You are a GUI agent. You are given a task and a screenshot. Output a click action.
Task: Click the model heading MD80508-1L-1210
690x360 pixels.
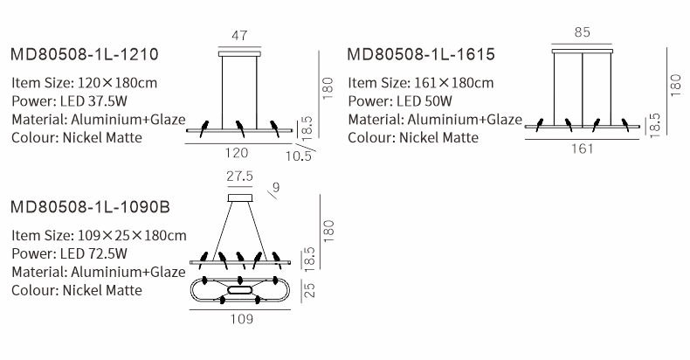pos(84,54)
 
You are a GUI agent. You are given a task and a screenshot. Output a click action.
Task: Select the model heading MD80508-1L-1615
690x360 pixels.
pos(421,54)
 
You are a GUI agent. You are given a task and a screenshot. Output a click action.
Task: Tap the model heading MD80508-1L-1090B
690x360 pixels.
pos(90,206)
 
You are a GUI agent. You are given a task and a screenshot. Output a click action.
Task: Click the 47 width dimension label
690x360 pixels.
pos(239,35)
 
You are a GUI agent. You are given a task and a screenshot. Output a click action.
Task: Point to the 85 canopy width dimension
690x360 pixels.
pos(582,32)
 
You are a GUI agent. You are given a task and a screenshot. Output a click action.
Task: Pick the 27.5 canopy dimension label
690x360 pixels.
pos(240,176)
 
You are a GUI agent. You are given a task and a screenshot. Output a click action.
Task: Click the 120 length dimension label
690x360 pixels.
pos(237,153)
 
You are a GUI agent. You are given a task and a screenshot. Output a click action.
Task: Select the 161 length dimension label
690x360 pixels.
pos(583,149)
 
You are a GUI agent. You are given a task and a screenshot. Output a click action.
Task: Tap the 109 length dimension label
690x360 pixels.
pos(242,319)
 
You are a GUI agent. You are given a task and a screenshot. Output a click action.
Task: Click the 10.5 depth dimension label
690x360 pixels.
pos(299,156)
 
